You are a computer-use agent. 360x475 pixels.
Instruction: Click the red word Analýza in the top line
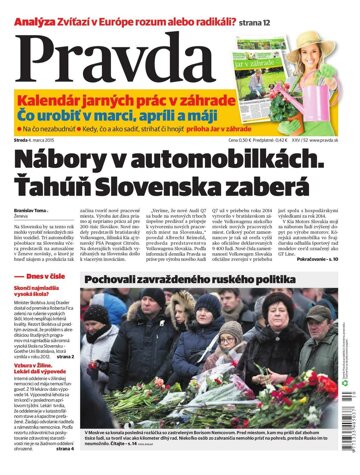[29, 9]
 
